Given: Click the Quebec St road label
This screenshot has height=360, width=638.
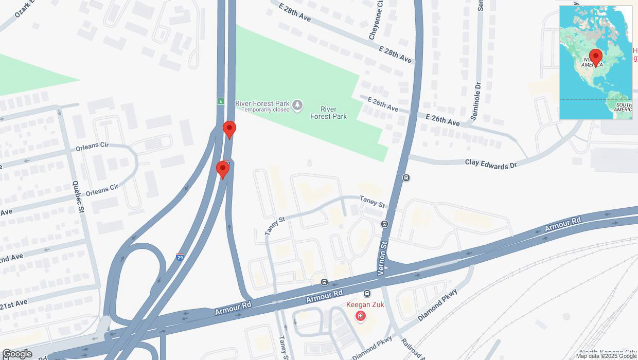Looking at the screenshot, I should point(78,197).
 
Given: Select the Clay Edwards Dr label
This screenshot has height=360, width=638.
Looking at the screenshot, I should point(490,164).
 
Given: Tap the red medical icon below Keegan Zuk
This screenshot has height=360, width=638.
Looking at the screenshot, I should point(361,316).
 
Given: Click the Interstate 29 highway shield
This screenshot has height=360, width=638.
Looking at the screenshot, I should point(180,257).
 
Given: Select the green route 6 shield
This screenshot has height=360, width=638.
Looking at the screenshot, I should point(220,101).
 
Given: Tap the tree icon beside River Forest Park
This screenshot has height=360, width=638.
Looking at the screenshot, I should point(297,105).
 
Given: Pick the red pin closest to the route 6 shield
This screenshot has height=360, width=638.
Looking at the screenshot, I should point(229,129).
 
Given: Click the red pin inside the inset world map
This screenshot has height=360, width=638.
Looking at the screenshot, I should point(596,57).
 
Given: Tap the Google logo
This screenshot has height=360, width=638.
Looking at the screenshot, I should point(17,354).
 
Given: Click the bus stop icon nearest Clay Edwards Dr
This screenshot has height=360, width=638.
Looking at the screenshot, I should point(406,178).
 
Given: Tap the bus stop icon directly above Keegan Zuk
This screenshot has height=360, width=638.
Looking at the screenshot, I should point(367,294).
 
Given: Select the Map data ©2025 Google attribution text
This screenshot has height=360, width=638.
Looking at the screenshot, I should point(606,356).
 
